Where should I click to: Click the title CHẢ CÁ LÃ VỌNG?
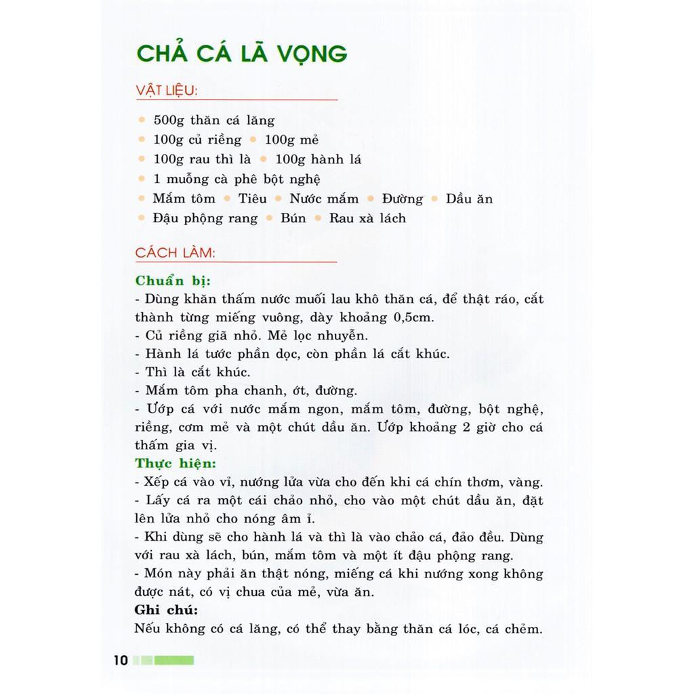(x=241, y=54)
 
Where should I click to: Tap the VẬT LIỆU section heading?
(x=166, y=91)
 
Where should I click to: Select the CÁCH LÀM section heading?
(x=175, y=253)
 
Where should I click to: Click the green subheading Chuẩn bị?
(x=173, y=280)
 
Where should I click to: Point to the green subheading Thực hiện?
(x=176, y=464)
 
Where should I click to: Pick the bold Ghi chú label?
(x=166, y=609)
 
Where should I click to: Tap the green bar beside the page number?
(x=173, y=660)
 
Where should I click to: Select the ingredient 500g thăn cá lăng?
(x=213, y=121)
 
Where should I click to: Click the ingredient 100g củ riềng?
(x=197, y=140)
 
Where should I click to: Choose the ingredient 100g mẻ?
(x=291, y=140)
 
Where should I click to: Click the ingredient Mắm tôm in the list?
(x=184, y=199)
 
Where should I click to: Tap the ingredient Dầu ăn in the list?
(x=469, y=199)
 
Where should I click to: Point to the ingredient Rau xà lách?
(x=367, y=219)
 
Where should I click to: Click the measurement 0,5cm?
(x=415, y=317)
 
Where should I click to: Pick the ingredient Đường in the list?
(x=402, y=199)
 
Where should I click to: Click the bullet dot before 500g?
(x=142, y=121)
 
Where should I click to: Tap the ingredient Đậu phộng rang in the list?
(x=205, y=219)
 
